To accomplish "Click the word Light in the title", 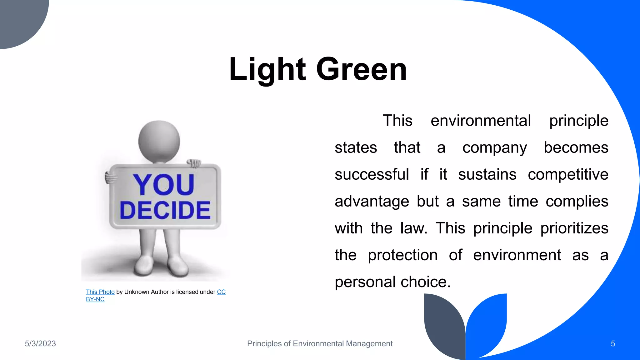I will pyautogui.click(x=267, y=69).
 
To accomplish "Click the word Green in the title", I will pyautogui.click(x=362, y=69).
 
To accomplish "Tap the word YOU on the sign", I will pyautogui.click(x=164, y=184).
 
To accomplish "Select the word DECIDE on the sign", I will pyautogui.click(x=165, y=210).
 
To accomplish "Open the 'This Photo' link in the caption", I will pyautogui.click(x=100, y=292).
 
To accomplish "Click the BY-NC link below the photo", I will pyautogui.click(x=95, y=299).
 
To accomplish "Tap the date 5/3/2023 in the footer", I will pyautogui.click(x=40, y=344).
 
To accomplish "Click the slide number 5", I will pyautogui.click(x=613, y=344).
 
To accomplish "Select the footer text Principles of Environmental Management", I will pyautogui.click(x=320, y=344).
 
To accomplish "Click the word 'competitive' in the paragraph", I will pyautogui.click(x=568, y=174).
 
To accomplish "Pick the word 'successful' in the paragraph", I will pyautogui.click(x=372, y=174).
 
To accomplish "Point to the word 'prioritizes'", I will pyautogui.click(x=574, y=228).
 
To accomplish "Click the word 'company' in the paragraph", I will pyautogui.click(x=494, y=148).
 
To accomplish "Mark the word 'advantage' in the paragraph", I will pyautogui.click(x=372, y=201).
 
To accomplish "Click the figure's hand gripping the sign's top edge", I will pyautogui.click(x=194, y=163).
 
